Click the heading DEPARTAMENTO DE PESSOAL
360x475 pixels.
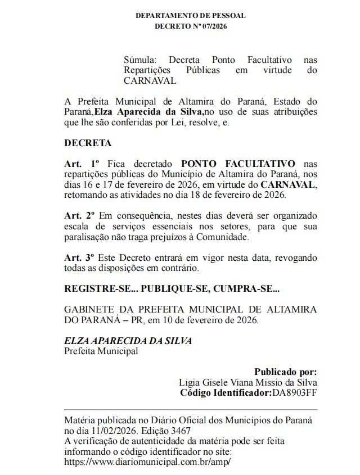point(190,16)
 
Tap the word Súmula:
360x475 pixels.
point(141,60)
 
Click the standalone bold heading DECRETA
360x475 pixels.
point(88,143)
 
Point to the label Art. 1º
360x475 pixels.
point(82,164)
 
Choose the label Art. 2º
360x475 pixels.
point(80,216)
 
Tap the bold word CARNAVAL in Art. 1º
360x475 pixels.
point(289,184)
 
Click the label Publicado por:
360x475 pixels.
point(286,372)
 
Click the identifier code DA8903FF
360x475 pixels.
point(294,392)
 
